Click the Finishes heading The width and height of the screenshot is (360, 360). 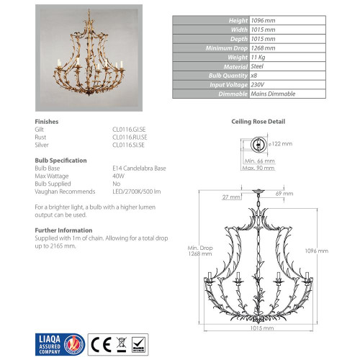pos(47,122)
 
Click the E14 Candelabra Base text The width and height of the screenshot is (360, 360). pos(135,168)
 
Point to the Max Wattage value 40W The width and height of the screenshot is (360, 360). pos(117,176)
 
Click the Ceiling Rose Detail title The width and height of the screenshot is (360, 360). pos(258,122)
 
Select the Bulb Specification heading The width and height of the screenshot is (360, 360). pos(61,160)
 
